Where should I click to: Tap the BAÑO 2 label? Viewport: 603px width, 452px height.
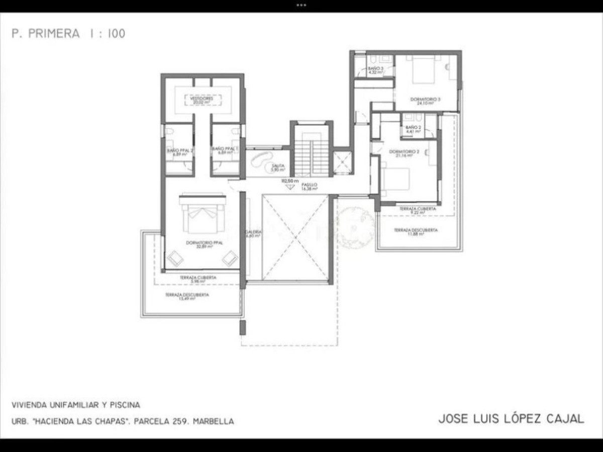(413, 129)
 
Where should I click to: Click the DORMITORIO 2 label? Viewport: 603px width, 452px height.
(404, 153)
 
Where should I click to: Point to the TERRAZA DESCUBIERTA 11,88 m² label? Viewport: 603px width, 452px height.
(416, 232)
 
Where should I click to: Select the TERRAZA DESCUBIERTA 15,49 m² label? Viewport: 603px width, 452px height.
(187, 297)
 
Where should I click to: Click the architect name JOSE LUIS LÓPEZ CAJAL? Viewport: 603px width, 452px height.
(511, 419)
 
